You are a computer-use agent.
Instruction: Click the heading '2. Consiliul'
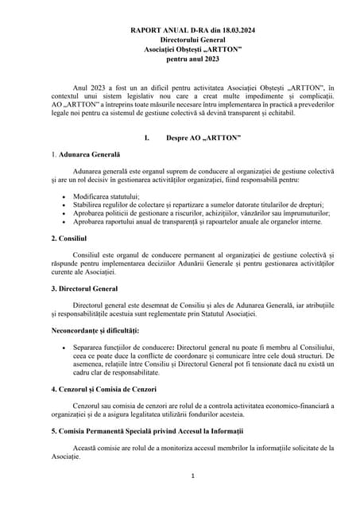point(68,239)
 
